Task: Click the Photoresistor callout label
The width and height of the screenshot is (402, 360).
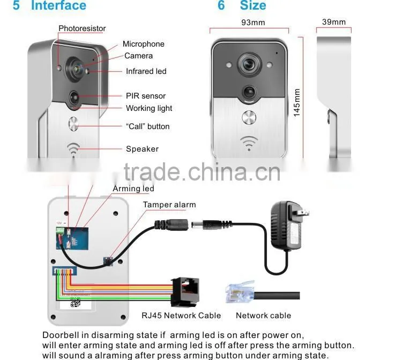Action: click(x=82, y=28)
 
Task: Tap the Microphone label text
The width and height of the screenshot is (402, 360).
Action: click(x=143, y=44)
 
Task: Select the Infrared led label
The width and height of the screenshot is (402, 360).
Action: click(x=146, y=71)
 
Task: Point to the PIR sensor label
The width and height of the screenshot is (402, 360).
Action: click(x=146, y=96)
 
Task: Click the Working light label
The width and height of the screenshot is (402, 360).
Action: click(x=149, y=108)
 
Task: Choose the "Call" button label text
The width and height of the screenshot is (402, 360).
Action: click(x=148, y=126)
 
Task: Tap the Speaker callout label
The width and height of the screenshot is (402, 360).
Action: click(x=142, y=149)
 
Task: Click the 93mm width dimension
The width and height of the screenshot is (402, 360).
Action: click(x=253, y=22)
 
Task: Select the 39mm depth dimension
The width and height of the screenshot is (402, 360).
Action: click(x=334, y=22)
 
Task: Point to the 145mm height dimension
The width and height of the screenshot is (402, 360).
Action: click(x=297, y=103)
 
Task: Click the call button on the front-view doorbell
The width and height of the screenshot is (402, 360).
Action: click(x=249, y=118)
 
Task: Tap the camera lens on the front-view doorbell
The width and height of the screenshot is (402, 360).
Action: click(x=249, y=64)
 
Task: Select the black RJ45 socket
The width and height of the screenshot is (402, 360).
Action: click(x=185, y=291)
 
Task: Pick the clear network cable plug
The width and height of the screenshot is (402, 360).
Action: click(x=240, y=292)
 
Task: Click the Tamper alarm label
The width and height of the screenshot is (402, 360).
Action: click(x=169, y=205)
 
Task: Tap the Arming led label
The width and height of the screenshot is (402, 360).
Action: click(x=133, y=189)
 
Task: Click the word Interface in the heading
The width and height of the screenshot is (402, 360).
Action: click(x=58, y=6)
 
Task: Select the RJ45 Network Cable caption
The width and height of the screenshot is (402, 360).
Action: click(x=181, y=316)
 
